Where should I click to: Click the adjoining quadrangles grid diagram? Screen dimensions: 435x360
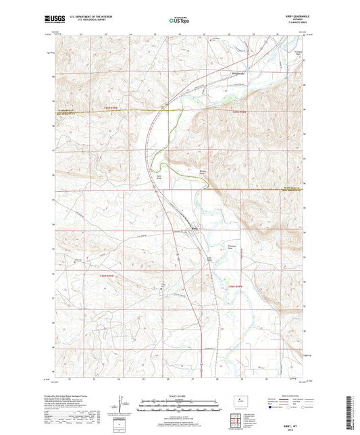point(234,419)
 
